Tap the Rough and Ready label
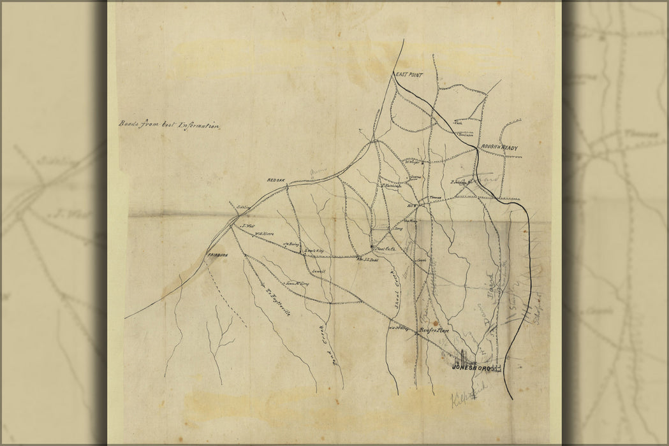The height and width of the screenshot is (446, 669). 499,148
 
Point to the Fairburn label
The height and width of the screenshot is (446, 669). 217,255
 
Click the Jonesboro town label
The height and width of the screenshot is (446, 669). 471,368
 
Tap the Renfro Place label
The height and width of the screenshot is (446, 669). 434,330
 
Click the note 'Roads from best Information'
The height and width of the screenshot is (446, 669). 169,125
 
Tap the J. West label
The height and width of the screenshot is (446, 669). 248,226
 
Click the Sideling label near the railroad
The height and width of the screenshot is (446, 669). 242,208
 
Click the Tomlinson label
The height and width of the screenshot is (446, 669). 465,134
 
